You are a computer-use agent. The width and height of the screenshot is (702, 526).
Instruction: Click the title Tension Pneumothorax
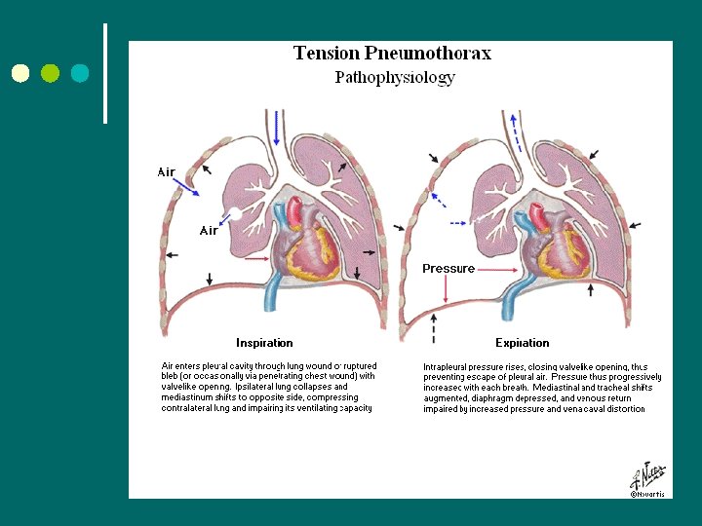point(392,54)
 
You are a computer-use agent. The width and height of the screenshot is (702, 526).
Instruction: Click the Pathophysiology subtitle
point(394,78)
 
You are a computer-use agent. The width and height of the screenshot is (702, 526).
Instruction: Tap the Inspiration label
point(264,343)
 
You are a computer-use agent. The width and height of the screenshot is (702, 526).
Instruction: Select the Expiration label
point(522,343)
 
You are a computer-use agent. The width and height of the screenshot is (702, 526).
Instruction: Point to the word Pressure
point(448,269)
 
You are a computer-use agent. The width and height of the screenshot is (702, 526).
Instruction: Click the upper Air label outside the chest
point(167,172)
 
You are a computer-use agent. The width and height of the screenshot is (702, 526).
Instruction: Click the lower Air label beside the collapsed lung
point(209,231)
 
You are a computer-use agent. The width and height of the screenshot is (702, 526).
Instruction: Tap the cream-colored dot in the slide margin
point(21,73)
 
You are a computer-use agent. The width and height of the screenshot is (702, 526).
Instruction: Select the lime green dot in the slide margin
point(51,73)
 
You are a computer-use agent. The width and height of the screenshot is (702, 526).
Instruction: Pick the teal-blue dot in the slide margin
point(79,73)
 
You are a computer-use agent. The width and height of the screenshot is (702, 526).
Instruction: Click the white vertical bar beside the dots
point(104,73)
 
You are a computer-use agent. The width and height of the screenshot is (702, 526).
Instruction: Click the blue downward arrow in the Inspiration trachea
point(276,127)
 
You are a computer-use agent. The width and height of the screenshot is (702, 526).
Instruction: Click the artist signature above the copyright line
point(647,476)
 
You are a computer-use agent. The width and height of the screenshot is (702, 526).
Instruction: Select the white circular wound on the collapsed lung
point(235,212)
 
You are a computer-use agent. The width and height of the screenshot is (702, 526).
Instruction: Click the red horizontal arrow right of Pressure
point(498,269)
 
